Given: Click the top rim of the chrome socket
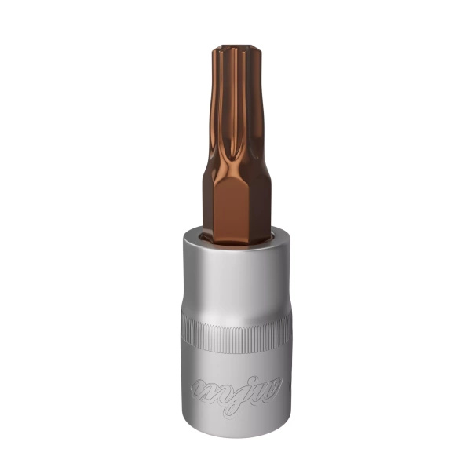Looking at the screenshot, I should pyautogui.click(x=235, y=233).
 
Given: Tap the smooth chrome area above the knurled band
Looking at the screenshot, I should pyautogui.click(x=235, y=275).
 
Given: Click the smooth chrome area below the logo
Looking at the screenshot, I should pyautogui.click(x=235, y=416).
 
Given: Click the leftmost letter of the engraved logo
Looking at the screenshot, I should pyautogui.click(x=200, y=389).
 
